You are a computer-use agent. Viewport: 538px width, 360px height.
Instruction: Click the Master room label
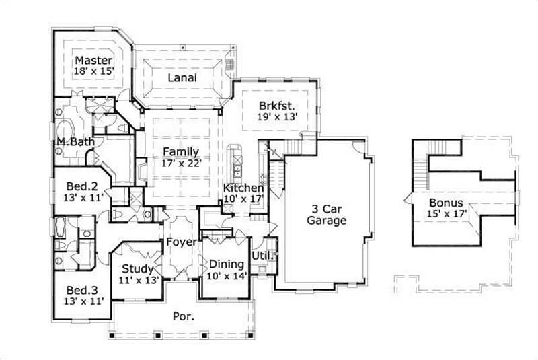(x=93, y=59)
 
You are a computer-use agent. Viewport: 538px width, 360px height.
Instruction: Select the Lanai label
(x=182, y=77)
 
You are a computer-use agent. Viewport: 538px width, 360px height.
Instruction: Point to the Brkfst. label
(x=278, y=105)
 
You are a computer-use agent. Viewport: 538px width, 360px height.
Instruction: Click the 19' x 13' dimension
(x=278, y=116)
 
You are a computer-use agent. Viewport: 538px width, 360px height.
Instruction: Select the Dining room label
(x=227, y=264)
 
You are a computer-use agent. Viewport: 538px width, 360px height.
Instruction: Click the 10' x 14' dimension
(x=227, y=275)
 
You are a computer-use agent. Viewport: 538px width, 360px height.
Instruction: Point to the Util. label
(x=261, y=256)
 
